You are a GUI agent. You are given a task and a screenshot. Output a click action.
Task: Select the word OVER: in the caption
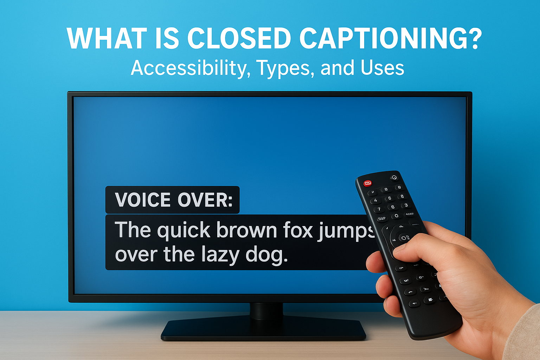tap(205, 200)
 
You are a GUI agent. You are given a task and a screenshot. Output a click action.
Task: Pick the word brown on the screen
tap(246, 230)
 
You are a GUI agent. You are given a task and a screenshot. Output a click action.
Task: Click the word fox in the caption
tap(298, 230)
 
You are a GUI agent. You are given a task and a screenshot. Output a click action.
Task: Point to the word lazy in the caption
tap(220, 255)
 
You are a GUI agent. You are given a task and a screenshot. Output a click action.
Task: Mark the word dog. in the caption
tap(266, 255)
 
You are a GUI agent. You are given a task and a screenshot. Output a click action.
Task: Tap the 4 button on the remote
tap(375, 200)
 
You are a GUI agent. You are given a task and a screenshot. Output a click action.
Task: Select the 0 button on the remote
tap(397, 216)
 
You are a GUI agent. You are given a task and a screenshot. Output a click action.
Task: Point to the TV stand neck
tap(266, 311)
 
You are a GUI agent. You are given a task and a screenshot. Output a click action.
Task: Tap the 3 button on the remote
tap(406, 205)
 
